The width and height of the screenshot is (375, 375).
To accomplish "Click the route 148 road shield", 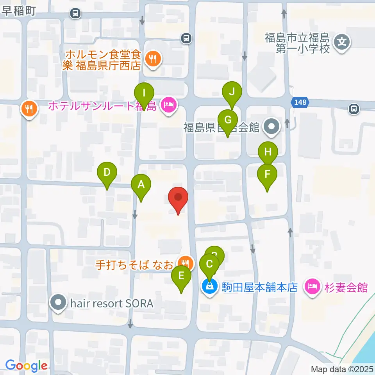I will [x=300, y=102].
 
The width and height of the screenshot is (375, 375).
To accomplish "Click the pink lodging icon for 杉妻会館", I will [x=313, y=287].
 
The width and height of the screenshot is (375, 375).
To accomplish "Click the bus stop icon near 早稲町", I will [x=75, y=14].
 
